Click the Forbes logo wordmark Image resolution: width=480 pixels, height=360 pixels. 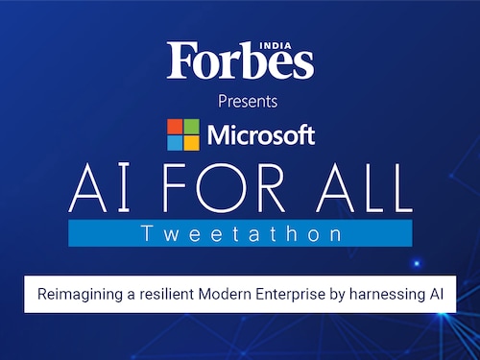[x=240, y=61]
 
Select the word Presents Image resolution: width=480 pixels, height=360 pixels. [x=240, y=101]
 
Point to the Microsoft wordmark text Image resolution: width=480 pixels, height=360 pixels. [x=258, y=135]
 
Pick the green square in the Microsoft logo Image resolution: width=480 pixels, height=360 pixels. [x=190, y=126]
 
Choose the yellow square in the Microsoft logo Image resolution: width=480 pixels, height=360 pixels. [x=190, y=143]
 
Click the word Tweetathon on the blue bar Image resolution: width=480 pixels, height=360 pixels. [x=240, y=233]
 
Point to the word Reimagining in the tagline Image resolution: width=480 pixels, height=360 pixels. [x=77, y=294]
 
